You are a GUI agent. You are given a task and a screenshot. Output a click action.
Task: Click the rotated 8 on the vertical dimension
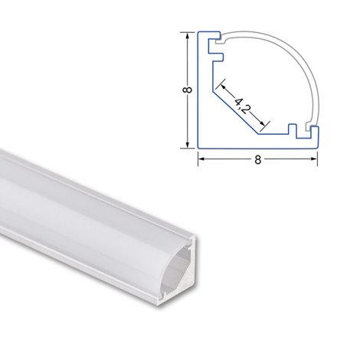pos(188,90)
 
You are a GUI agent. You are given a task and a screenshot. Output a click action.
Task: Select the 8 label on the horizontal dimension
pos(258,160)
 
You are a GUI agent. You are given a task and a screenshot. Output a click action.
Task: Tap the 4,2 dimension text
pos(241,106)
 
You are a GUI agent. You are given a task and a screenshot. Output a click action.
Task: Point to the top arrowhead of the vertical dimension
pos(188,36)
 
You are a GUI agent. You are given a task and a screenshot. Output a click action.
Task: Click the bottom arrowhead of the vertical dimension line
pos(188,145)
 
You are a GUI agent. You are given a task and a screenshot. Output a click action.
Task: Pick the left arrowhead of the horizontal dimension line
pos(201,159)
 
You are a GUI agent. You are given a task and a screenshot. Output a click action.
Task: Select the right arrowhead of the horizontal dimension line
pos(313,159)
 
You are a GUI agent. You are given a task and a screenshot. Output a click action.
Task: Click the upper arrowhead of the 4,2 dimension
pos(224,87)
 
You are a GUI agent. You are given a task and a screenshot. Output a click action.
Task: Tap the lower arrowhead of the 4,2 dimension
pos(262,123)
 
